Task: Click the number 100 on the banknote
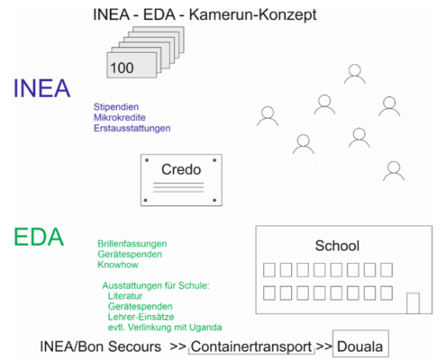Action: [x=122, y=67]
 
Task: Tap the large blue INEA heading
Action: [x=42, y=88]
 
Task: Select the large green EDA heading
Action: [x=39, y=237]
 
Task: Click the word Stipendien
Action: [x=116, y=107]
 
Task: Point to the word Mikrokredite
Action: [x=120, y=117]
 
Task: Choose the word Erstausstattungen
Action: [x=132, y=128]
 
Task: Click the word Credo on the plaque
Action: [x=181, y=169]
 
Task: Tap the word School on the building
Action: [x=337, y=246]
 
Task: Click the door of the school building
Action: [x=413, y=303]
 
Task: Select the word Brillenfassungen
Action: [x=132, y=244]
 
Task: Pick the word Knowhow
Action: [x=118, y=265]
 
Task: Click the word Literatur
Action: [x=125, y=296]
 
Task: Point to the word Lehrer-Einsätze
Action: [x=141, y=317]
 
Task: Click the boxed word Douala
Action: [x=360, y=346]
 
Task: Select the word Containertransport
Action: [x=251, y=346]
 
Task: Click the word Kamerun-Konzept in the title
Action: [x=252, y=15]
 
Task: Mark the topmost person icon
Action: [x=355, y=74]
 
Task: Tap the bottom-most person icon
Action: [x=394, y=171]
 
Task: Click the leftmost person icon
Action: [x=268, y=116]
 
